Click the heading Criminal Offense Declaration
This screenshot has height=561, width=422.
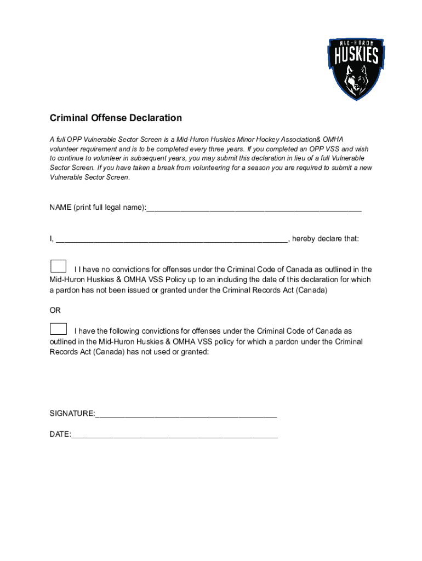pyautogui.click(x=116, y=118)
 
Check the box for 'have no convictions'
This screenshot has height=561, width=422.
pyautogui.click(x=58, y=266)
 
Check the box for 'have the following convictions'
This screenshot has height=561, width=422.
pyautogui.click(x=58, y=329)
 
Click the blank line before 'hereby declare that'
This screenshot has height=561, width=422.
pyautogui.click(x=172, y=238)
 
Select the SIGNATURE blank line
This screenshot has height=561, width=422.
pyautogui.click(x=186, y=413)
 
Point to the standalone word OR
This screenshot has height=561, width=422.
pyautogui.click(x=55, y=311)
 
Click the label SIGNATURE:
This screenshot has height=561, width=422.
pyautogui.click(x=72, y=413)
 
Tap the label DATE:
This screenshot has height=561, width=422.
pyautogui.click(x=60, y=434)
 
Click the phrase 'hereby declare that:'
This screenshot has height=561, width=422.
pyautogui.click(x=326, y=238)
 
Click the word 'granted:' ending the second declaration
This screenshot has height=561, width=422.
pyautogui.click(x=195, y=352)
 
